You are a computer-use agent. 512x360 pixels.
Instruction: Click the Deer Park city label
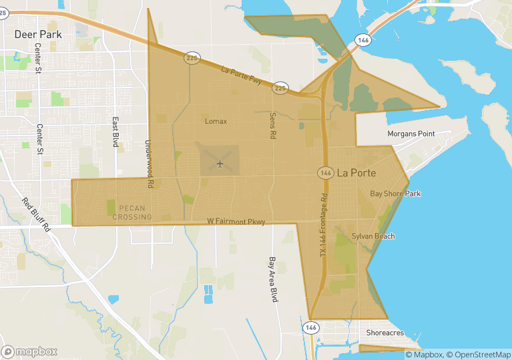coord(38,33)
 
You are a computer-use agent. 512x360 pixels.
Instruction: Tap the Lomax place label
coord(216,122)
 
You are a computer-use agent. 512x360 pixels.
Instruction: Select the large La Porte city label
coord(356,173)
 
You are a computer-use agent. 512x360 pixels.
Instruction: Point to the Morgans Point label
coord(411,134)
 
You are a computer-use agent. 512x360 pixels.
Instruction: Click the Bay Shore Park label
coord(396,194)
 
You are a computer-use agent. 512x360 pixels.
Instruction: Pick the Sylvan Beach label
coord(373,236)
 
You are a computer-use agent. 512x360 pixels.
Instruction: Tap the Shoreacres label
coord(385,333)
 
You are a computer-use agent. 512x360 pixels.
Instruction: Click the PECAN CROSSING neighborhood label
coord(132,212)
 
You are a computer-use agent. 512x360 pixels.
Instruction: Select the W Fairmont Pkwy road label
coord(236,221)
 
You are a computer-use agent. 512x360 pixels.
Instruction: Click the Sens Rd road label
coord(272,125)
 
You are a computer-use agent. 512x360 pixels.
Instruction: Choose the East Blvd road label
coord(115,132)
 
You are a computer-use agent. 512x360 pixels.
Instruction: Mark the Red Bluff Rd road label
coord(36,214)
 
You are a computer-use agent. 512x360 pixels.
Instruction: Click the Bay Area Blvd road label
coord(272,280)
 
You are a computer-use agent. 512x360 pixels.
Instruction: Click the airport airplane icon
coord(220,164)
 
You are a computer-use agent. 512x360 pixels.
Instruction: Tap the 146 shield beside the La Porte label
coord(325,173)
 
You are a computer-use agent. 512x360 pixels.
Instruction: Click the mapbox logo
coord(29,351)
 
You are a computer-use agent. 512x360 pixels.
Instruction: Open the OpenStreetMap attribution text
coord(477,355)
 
